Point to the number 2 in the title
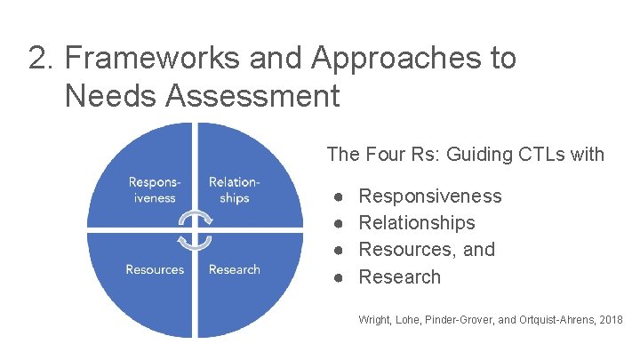tap(38, 59)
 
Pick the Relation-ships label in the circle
tap(235, 190)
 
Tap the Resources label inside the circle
tap(155, 269)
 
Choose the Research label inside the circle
tap(235, 269)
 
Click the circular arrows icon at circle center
tap(195, 230)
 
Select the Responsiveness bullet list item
tap(429, 196)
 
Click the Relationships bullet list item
tap(416, 222)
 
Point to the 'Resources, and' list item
tap(426, 249)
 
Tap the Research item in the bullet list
tap(399, 276)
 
